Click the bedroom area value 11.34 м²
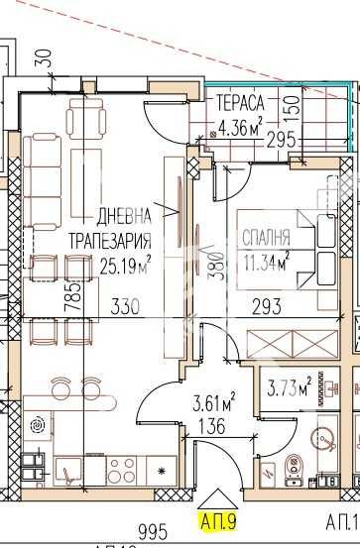coord(265,233)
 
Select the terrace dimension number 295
coord(281,140)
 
